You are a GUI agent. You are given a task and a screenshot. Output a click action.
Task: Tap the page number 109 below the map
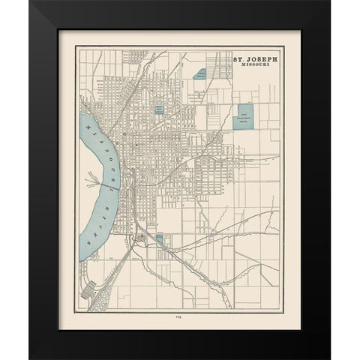[181, 317]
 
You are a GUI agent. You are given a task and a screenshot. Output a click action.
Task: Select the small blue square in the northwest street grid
[159, 109]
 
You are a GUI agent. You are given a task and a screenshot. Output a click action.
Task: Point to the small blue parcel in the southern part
[159, 239]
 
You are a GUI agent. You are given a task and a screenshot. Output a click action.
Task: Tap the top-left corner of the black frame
[31, 2]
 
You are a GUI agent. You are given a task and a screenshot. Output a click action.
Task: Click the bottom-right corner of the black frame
[329, 358]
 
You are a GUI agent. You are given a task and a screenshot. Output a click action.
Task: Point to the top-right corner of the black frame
[329, 2]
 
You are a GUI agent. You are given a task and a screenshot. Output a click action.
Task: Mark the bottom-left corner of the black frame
[31, 358]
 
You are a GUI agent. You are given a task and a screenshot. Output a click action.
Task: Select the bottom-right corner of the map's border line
[279, 310]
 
